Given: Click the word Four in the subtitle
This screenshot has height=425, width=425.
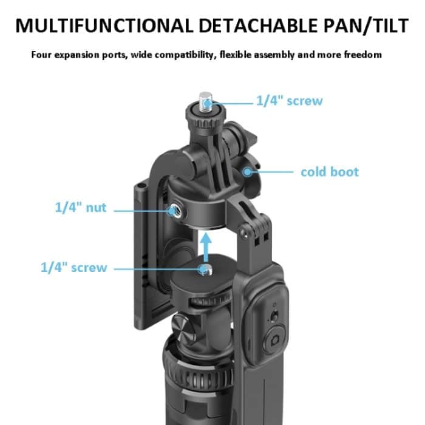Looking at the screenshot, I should [x=41, y=55].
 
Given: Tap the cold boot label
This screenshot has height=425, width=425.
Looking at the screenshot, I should [x=330, y=172].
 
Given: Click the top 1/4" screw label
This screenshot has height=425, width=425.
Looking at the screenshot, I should [x=288, y=101].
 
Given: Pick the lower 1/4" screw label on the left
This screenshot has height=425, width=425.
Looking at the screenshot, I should [x=73, y=267].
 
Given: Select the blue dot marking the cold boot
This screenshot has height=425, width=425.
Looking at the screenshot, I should [x=248, y=172].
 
